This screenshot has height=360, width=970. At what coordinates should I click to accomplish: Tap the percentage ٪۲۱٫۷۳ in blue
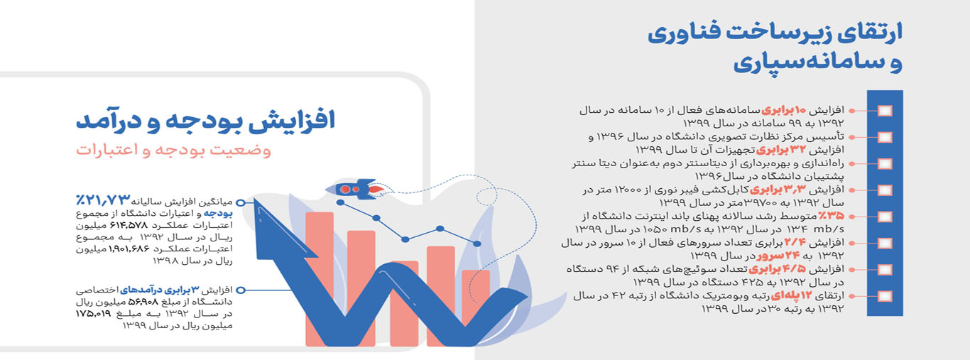(x=103, y=200)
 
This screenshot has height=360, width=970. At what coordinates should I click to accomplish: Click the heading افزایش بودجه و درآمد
(x=206, y=121)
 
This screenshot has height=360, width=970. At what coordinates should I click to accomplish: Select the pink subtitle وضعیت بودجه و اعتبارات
(x=174, y=151)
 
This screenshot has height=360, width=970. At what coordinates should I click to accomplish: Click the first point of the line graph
(x=340, y=202)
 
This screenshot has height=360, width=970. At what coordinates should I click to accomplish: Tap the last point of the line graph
(x=477, y=244)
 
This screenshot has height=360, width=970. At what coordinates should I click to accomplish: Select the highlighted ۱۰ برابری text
(x=778, y=110)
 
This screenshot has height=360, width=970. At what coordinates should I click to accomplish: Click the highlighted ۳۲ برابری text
(x=781, y=150)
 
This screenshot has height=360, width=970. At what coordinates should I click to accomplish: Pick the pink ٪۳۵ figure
(x=831, y=216)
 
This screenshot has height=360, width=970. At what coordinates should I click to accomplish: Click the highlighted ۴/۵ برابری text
(x=778, y=269)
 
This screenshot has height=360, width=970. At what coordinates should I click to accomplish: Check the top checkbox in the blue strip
(x=885, y=111)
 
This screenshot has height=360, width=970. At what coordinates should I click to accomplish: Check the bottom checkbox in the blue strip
(x=885, y=296)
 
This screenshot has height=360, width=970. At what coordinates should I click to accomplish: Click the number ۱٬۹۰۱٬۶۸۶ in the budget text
(x=129, y=249)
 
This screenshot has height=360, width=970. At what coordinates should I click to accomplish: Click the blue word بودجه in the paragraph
(x=218, y=214)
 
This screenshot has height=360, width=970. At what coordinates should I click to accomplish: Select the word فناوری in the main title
(x=686, y=33)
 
